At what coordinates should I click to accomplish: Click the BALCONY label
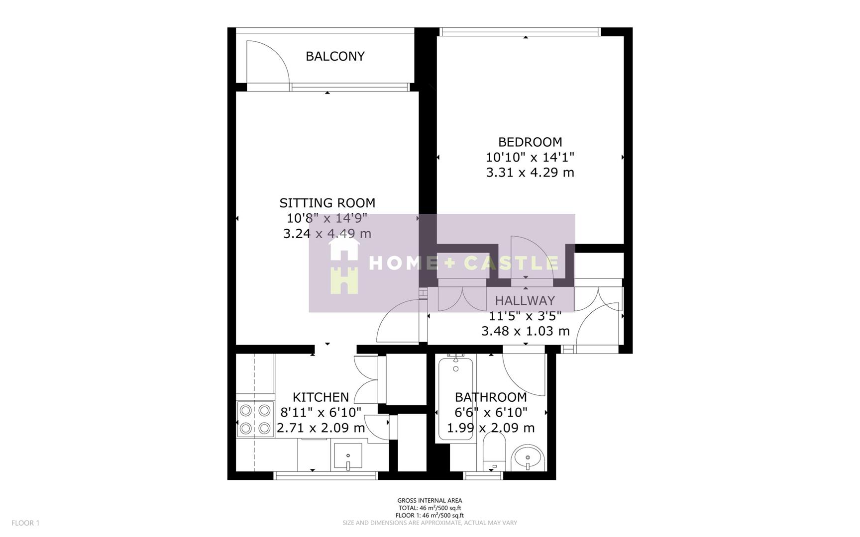click(335, 56)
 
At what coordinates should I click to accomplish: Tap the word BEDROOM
click(530, 142)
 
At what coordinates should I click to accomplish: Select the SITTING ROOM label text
click(327, 203)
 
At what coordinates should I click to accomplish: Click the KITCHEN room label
click(321, 397)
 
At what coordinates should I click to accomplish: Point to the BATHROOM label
click(491, 397)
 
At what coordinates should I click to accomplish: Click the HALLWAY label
click(525, 301)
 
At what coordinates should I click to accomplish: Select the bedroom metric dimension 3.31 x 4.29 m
click(530, 173)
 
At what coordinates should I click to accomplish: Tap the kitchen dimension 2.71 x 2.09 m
click(321, 428)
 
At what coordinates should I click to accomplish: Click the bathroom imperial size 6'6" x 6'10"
click(491, 413)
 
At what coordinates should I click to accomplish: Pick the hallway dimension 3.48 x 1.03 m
click(525, 331)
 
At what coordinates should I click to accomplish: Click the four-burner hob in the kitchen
click(255, 419)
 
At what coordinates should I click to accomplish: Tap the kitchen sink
click(348, 456)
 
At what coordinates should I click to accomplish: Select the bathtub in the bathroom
click(455, 398)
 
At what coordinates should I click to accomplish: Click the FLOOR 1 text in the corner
click(25, 523)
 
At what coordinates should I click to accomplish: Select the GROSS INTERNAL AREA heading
click(430, 501)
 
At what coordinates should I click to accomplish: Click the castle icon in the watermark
click(344, 280)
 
